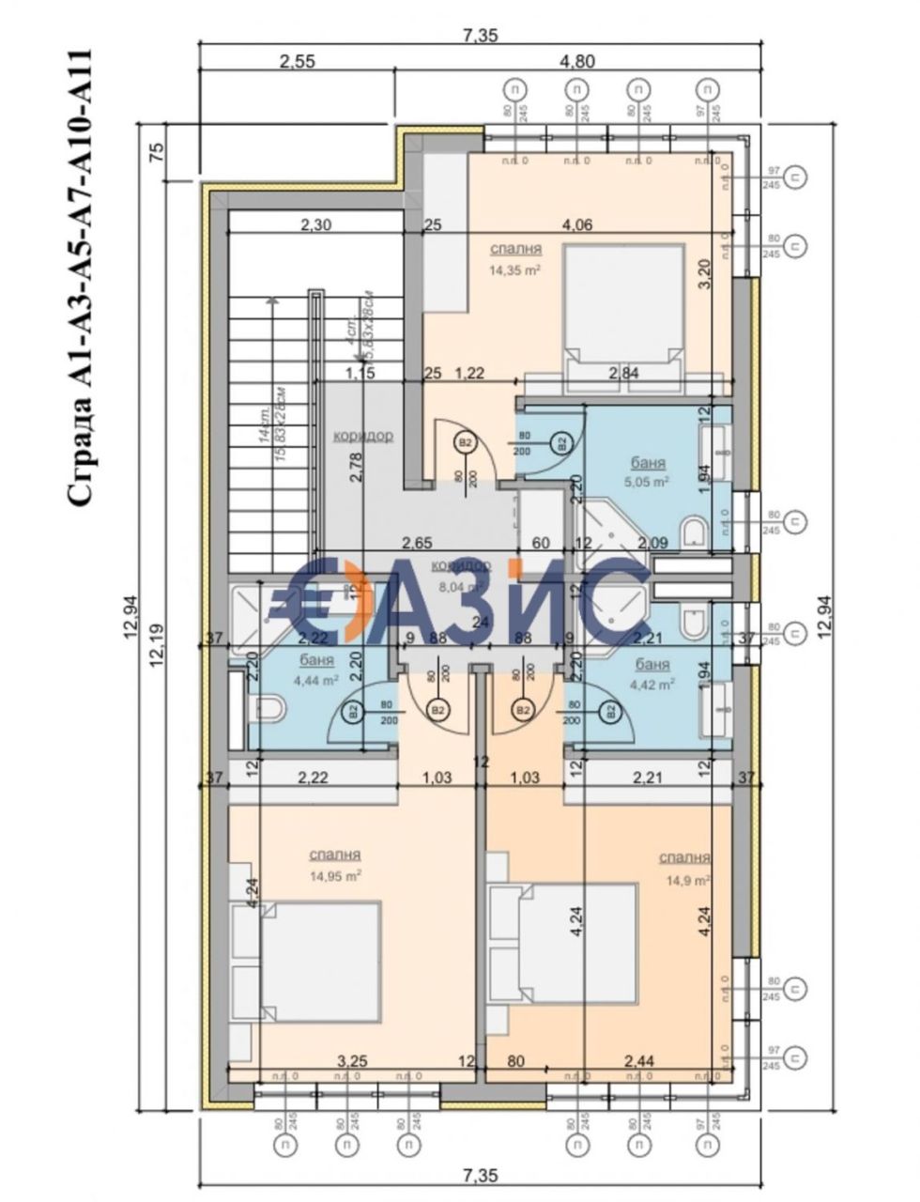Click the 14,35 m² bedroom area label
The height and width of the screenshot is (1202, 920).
point(517,269)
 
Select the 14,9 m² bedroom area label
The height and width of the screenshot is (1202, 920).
point(686,880)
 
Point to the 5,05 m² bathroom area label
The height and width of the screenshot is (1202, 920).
point(647,483)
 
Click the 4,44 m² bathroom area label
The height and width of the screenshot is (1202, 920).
point(317,682)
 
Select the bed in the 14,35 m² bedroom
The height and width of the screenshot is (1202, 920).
point(625,309)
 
